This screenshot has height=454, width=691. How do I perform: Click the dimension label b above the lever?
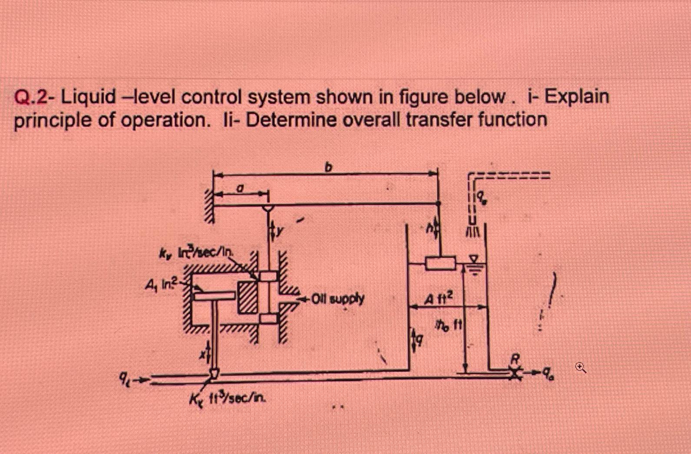click(x=329, y=166)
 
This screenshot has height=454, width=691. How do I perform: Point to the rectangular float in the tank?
click(x=440, y=263)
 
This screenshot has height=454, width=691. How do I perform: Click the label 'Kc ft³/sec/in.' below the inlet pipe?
click(x=228, y=398)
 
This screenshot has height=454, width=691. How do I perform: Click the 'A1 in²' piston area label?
click(x=159, y=285)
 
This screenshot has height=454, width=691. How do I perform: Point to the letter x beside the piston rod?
click(x=202, y=354)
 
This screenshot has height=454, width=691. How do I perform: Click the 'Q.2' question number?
click(x=30, y=98)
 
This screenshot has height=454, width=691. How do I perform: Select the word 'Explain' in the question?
click(x=577, y=97)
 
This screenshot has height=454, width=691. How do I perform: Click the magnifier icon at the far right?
click(x=581, y=368)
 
